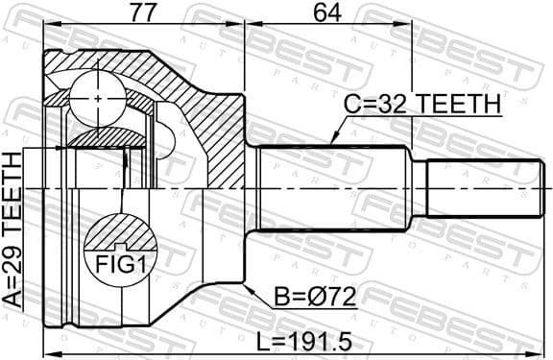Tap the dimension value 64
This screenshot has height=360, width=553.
click(326, 13)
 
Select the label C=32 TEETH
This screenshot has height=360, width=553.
click(423, 103)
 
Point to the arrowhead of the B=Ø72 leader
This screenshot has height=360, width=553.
click(249, 285)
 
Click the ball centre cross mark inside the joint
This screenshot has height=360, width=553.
click(100, 97)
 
